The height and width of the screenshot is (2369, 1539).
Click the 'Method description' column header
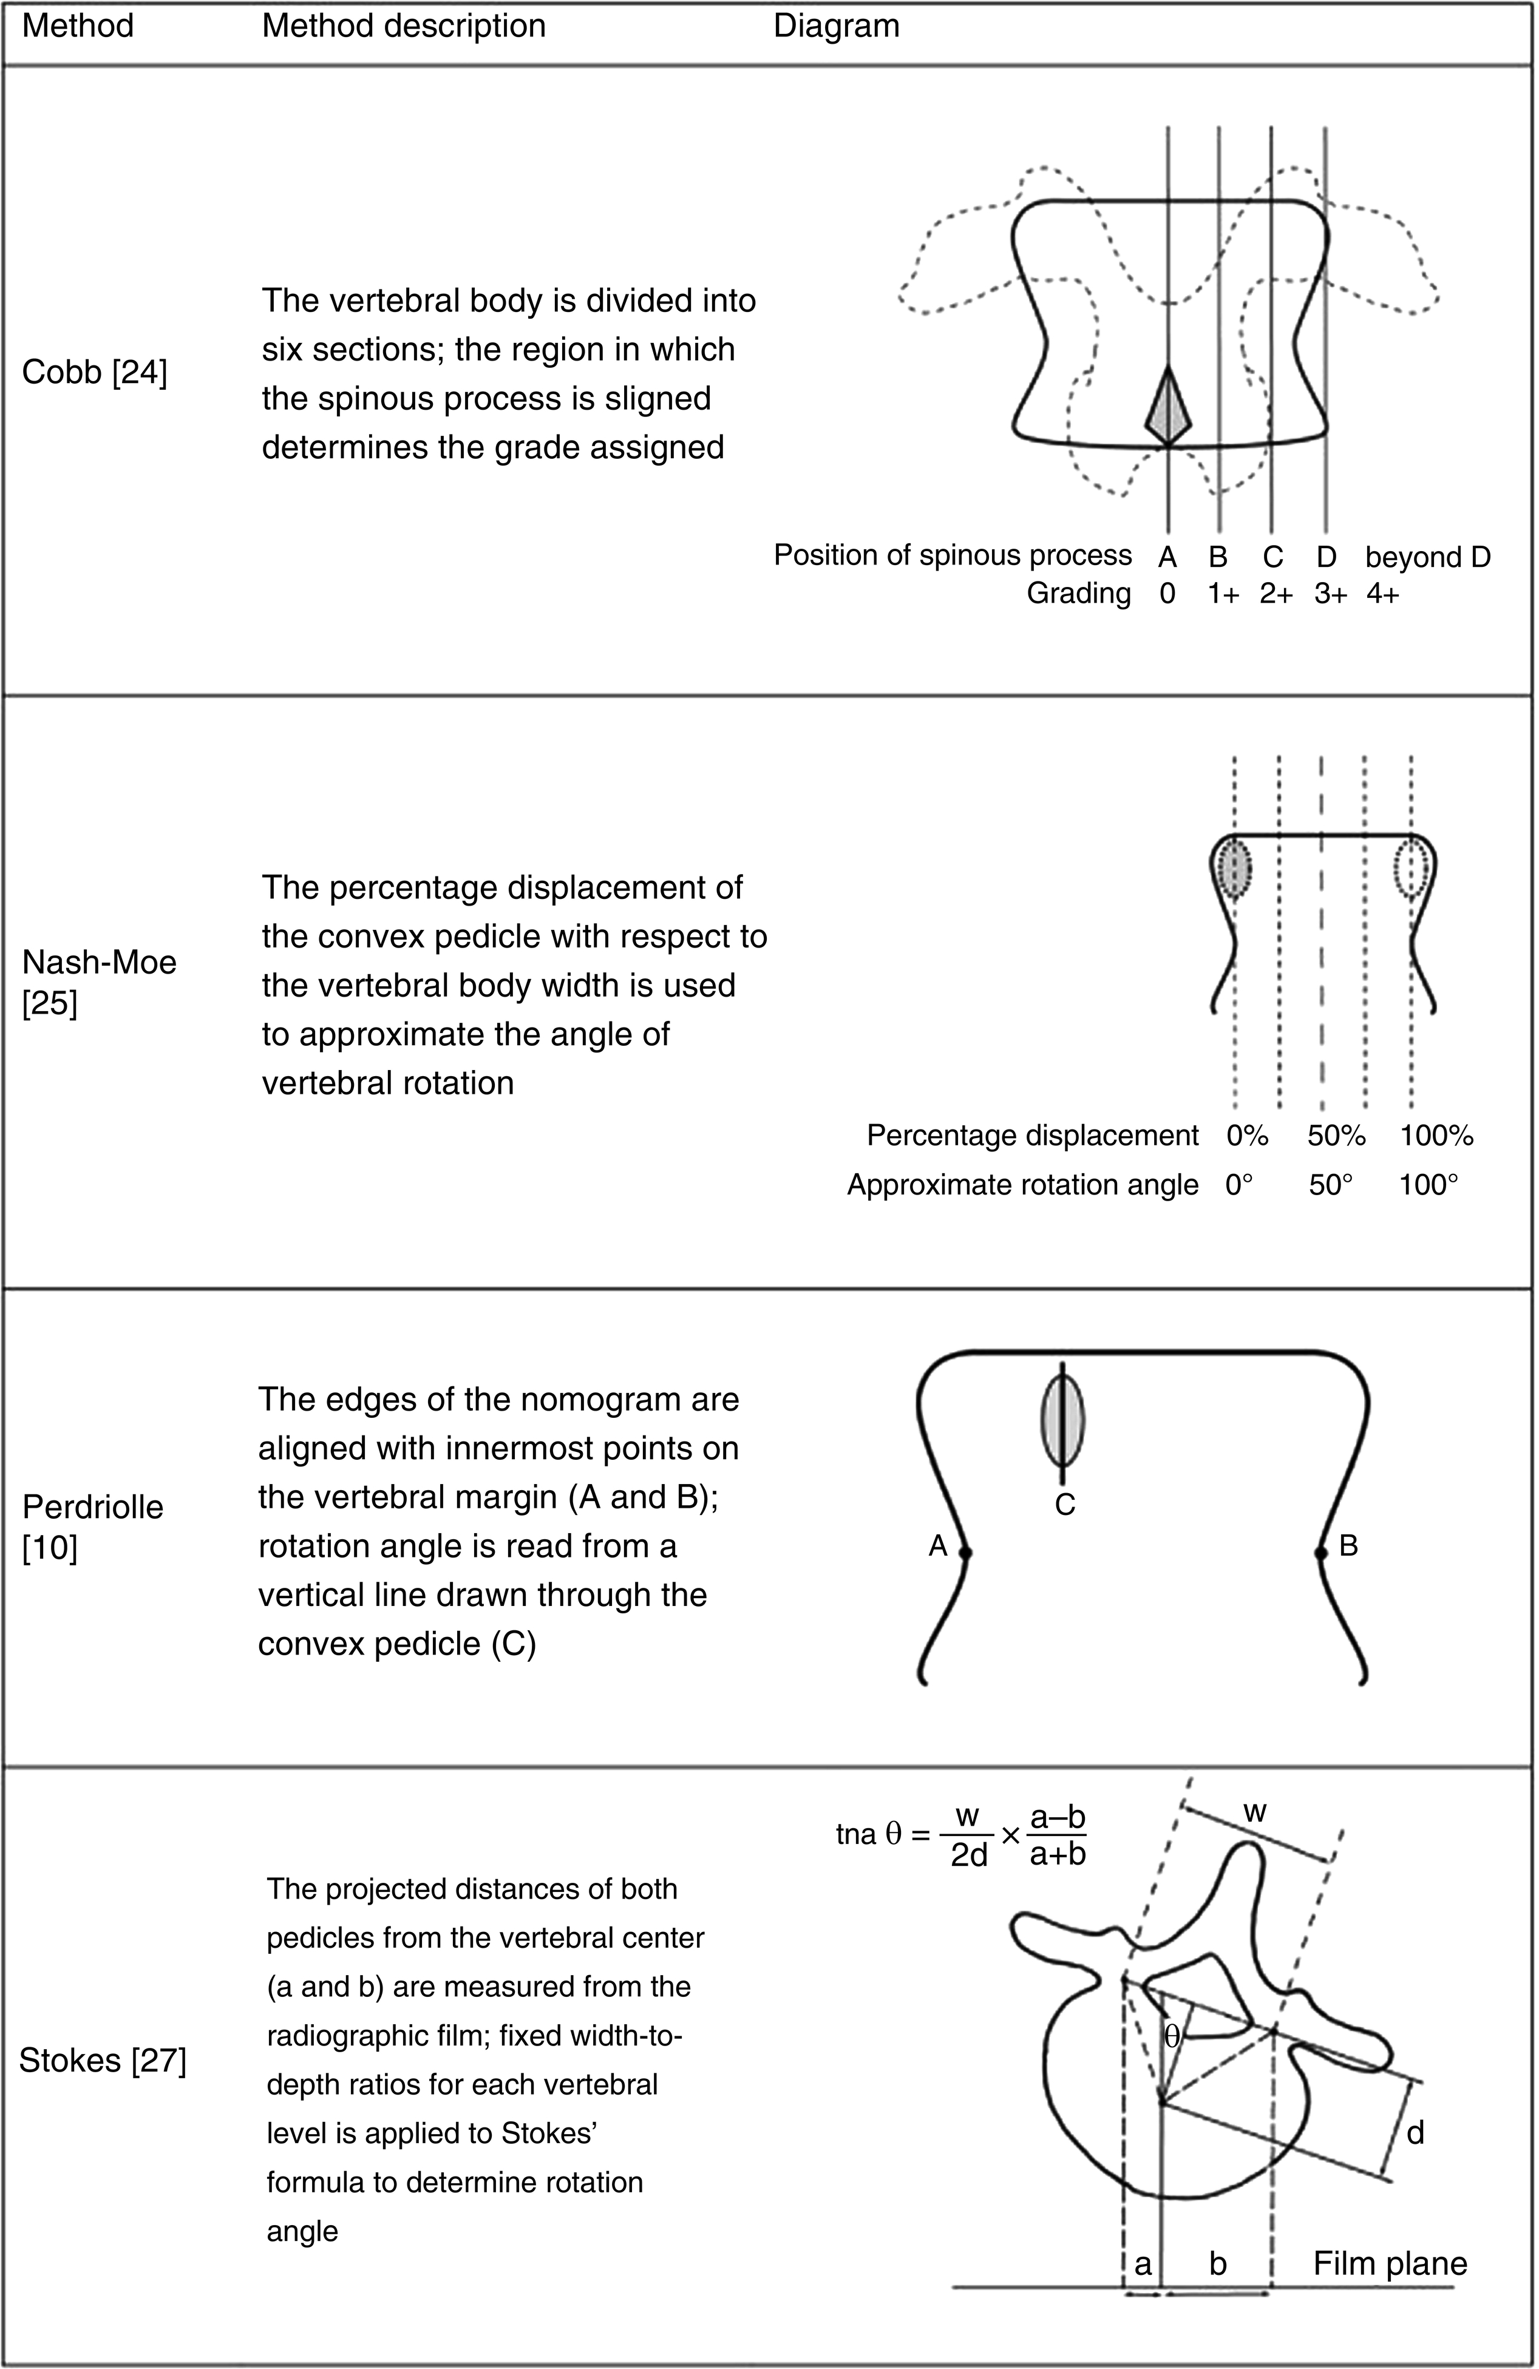coord(403,26)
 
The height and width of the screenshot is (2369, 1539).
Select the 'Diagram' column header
coord(836,26)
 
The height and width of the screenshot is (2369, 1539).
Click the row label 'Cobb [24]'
coord(95,372)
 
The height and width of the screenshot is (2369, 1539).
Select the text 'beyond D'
coord(1427,557)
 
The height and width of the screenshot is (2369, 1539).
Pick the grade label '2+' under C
coord(1275,594)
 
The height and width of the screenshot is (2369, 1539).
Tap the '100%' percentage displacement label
coord(1435,1135)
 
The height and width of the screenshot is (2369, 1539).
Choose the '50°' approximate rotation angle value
coord(1331,1185)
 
